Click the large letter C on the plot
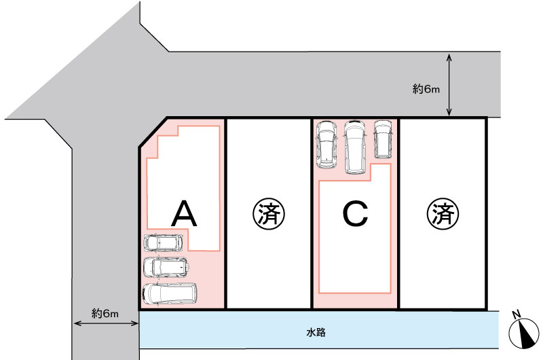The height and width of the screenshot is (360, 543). click(x=355, y=214)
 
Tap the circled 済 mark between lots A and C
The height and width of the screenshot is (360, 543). click(x=268, y=213)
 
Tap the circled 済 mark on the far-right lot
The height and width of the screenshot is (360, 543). click(x=443, y=214)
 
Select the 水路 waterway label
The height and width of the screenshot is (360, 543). click(x=316, y=333)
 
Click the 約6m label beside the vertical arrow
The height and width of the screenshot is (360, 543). click(x=426, y=89)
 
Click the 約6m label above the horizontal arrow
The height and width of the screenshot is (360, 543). click(x=105, y=314)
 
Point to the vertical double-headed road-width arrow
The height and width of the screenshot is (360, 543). click(x=449, y=85)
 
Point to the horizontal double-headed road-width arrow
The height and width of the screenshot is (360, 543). click(x=107, y=323)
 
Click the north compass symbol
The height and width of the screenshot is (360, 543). click(x=524, y=334)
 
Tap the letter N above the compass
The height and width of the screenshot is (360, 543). click(x=517, y=314)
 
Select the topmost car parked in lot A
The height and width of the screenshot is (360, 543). click(x=163, y=242)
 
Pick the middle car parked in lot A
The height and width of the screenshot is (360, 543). click(x=166, y=267)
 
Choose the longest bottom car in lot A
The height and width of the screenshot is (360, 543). click(x=169, y=294)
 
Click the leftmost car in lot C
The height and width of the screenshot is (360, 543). click(x=327, y=145)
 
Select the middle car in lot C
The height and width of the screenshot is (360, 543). click(x=355, y=147)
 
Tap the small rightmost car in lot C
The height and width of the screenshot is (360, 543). click(x=383, y=139)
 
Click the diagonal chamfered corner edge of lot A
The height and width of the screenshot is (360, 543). click(x=153, y=132)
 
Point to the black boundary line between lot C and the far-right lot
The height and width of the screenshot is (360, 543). click(x=399, y=213)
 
